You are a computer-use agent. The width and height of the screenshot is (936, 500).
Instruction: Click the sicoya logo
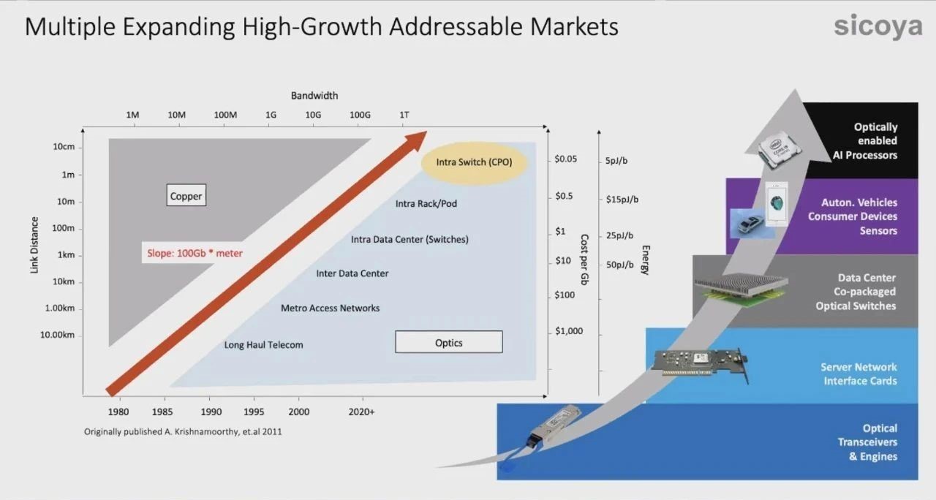(878, 26)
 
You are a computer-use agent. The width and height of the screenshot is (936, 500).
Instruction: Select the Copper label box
(186, 195)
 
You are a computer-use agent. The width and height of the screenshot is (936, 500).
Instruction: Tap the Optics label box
(449, 342)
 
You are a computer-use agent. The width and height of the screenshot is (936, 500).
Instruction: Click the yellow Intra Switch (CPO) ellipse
(475, 162)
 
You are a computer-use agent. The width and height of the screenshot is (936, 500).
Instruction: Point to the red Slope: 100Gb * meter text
(195, 253)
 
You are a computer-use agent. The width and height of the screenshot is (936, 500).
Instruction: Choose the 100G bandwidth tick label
(360, 115)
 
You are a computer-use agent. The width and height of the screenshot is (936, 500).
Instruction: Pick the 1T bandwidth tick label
(404, 115)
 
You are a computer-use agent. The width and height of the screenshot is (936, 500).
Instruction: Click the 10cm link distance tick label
(64, 147)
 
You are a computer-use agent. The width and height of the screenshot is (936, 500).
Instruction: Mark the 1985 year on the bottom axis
(162, 412)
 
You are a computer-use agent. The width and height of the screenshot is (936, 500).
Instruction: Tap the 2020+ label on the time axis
(361, 412)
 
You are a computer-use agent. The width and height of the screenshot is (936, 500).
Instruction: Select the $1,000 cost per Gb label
(569, 331)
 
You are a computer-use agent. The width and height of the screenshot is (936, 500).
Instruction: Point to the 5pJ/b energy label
(616, 161)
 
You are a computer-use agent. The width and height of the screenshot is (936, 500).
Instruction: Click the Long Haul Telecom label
(264, 344)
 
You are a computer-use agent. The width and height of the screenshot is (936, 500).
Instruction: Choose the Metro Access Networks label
(330, 308)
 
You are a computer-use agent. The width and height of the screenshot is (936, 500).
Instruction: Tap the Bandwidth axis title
(314, 96)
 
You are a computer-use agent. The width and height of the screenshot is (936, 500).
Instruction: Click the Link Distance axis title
(34, 245)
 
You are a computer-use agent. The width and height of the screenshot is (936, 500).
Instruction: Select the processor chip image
(778, 151)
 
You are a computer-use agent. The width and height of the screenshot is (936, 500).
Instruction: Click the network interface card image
(701, 364)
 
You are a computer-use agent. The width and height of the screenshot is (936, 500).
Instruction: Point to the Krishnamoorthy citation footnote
(183, 431)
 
